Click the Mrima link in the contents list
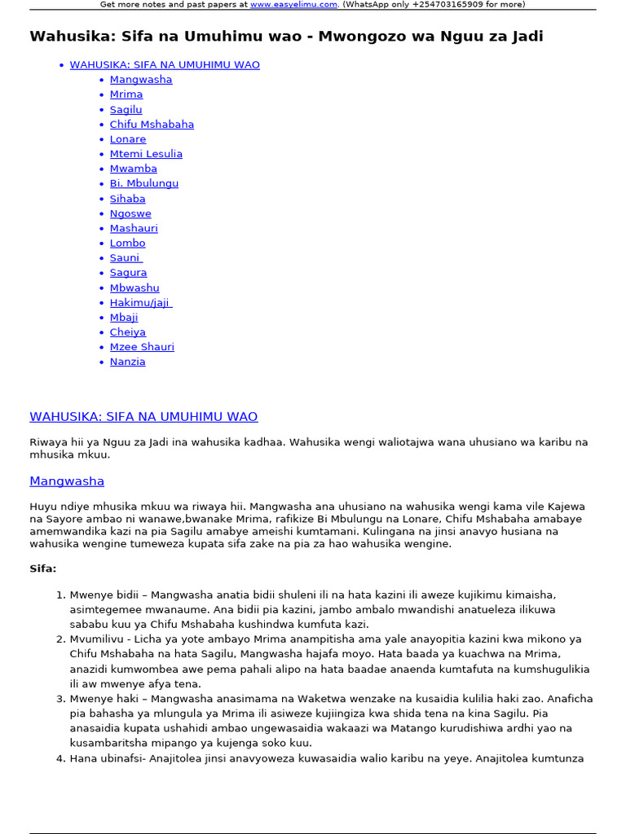coord(126,94)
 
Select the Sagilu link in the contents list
coord(126,109)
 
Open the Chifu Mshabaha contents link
coord(152,125)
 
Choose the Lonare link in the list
coord(128,139)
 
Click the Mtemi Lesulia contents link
coord(146,154)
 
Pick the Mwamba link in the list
coord(133,169)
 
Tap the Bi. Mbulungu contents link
coord(143,183)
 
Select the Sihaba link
coord(127,199)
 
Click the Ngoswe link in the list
coord(130,213)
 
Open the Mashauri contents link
coord(134,228)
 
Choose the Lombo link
coord(127,243)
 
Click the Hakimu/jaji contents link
coord(140,302)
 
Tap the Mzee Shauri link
coord(142,347)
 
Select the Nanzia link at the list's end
coord(127,362)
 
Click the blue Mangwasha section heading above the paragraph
coord(67,481)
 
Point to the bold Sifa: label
coord(43,568)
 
